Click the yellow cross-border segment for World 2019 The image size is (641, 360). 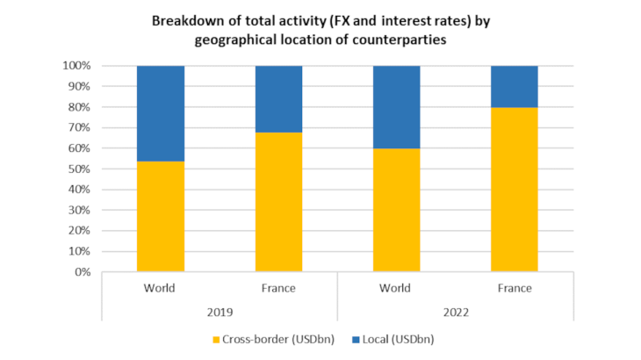(161, 216)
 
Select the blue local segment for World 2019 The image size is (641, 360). (161, 113)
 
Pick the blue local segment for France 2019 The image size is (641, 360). (278, 98)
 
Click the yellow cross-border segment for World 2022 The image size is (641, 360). (396, 210)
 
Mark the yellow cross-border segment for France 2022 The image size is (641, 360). (515, 190)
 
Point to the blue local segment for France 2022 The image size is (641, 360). (515, 86)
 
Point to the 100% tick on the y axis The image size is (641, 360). (77, 66)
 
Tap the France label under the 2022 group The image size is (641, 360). (515, 287)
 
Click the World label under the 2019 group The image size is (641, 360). (161, 287)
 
